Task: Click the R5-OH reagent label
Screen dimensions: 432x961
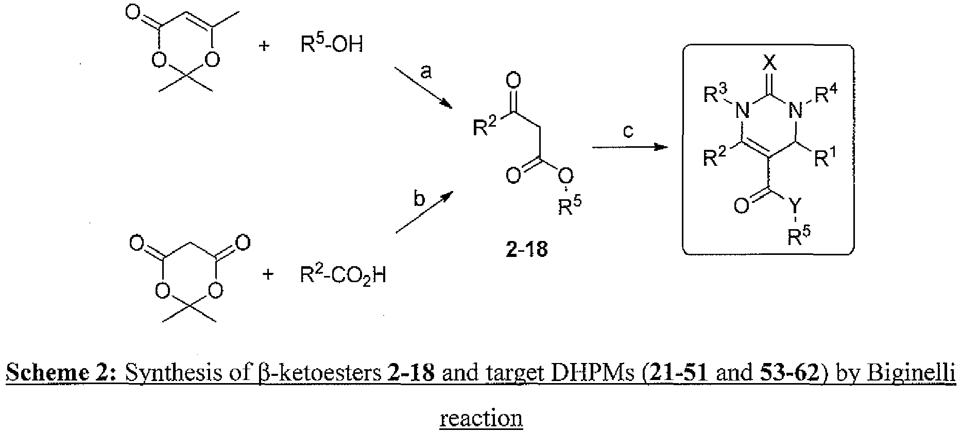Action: pos(332,44)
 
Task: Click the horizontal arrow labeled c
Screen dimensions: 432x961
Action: pos(627,147)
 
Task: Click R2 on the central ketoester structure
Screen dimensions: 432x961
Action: pos(485,127)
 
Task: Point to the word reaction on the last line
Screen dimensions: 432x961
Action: pos(481,418)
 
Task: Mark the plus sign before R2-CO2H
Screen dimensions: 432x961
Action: pos(267,274)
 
